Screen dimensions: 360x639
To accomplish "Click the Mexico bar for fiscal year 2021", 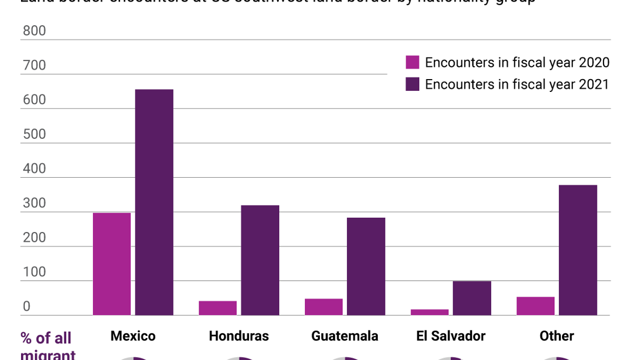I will [x=154, y=202].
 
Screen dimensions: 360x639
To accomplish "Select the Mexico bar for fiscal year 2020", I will [x=112, y=264].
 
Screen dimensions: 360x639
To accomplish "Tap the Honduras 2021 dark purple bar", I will [x=260, y=260].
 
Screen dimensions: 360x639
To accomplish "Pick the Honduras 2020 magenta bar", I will [x=218, y=308].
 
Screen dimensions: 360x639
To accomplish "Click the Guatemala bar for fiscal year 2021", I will [x=366, y=267].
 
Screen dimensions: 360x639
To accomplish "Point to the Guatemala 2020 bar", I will [x=323, y=307].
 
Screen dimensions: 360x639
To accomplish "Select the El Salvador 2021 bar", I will [x=472, y=298].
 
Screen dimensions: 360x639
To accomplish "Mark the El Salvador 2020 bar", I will [x=430, y=312].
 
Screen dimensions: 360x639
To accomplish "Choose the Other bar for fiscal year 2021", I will [x=578, y=250].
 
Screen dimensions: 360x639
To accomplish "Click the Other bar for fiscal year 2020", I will [x=535, y=306].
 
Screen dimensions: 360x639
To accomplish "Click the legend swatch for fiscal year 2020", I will [x=413, y=62].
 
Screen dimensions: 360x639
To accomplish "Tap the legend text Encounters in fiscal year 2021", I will [x=517, y=84].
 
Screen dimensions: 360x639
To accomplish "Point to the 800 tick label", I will [x=34, y=31].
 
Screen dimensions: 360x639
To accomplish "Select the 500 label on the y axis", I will [x=34, y=134].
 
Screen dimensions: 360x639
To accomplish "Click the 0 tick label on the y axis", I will [x=27, y=307].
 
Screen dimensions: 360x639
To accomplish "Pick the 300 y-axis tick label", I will [x=34, y=203].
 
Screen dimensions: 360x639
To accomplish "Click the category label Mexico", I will [x=133, y=336].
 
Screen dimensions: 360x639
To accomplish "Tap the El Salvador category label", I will [x=451, y=336].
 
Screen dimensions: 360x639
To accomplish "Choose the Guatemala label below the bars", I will [x=344, y=336].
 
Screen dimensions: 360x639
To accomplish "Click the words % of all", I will [x=46, y=338].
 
